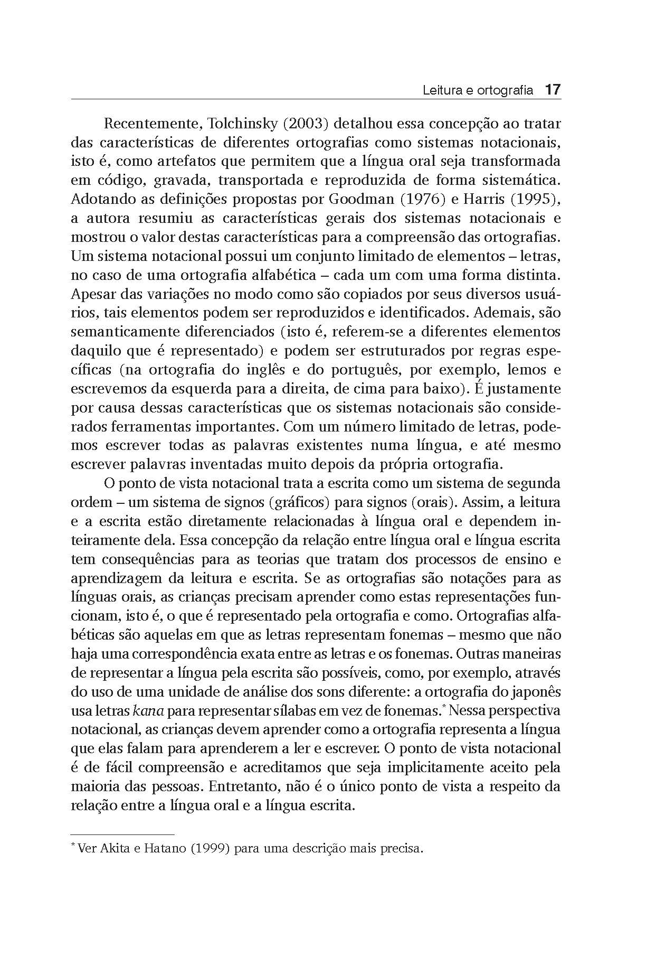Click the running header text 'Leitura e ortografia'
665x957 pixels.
point(478,91)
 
